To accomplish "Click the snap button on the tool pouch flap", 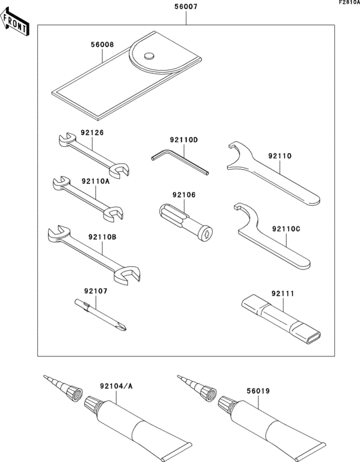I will pos(149,55).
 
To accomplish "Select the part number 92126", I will pos(92,133).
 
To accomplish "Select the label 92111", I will pos(282,293).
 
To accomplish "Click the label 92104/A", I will pos(116,387).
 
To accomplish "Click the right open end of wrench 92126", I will pos(119,169).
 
